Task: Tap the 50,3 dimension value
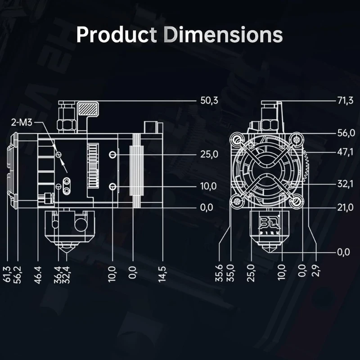(x=209, y=100)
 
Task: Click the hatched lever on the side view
(x=88, y=109)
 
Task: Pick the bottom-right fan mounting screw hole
(x=296, y=202)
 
